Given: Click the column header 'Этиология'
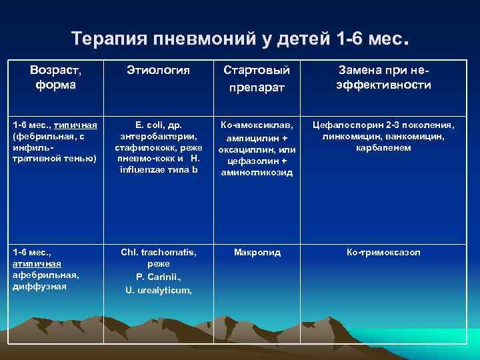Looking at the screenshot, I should coord(158,70).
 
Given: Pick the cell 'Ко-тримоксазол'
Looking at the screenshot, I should coord(383,253).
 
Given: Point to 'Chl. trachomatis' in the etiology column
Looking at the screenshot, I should coord(158,253).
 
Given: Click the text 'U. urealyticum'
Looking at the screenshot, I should coord(157,289).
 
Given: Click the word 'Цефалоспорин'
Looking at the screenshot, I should coord(344,124).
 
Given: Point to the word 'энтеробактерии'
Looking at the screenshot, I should coord(157,136).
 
